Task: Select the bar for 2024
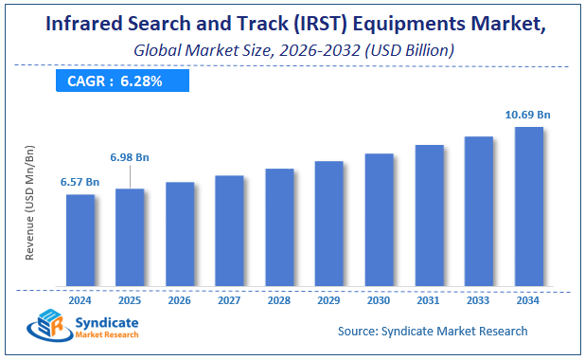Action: [80, 241]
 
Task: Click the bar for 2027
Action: [229, 231]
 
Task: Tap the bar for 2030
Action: [379, 220]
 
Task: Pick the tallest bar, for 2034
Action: [528, 207]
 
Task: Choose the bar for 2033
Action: [478, 211]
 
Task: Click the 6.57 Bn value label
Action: [80, 181]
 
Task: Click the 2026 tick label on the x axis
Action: [180, 299]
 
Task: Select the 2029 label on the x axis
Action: [328, 299]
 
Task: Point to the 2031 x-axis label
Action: [428, 299]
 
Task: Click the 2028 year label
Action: [279, 299]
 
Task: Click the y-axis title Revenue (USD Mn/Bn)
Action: [29, 203]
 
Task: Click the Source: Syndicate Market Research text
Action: [433, 331]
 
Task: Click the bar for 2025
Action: [130, 238]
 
